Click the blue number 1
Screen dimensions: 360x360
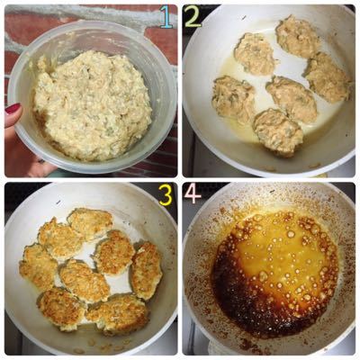click(166, 17)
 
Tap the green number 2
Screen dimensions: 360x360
click(193, 16)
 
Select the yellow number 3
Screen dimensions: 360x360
click(166, 194)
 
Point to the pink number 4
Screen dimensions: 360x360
click(193, 193)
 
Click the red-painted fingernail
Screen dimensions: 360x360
click(13, 108)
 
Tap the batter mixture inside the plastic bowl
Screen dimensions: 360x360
click(92, 105)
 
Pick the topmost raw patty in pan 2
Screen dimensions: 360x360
click(297, 36)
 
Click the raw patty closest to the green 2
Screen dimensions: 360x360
click(255, 54)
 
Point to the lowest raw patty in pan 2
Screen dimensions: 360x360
click(277, 131)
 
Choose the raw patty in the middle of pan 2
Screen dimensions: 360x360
click(292, 98)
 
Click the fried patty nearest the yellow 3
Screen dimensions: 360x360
click(90, 223)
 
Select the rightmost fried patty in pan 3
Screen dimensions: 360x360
click(147, 271)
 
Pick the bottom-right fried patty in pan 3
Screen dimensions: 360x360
click(118, 313)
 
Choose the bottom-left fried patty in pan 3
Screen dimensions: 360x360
click(61, 309)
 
